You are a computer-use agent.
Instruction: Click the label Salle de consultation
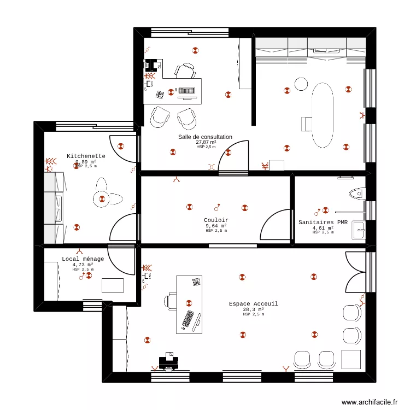click(x=205, y=137)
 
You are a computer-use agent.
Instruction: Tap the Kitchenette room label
click(x=86, y=156)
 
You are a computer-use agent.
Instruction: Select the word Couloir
click(x=216, y=220)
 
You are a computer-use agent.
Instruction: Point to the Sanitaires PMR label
click(x=323, y=222)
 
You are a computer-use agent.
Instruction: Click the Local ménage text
click(x=83, y=259)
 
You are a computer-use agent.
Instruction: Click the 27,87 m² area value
click(x=206, y=142)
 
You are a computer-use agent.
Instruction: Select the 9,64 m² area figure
click(x=216, y=226)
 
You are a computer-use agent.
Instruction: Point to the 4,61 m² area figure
click(x=323, y=228)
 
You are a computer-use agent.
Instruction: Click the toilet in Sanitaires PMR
click(x=356, y=193)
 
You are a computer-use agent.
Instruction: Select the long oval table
click(x=323, y=115)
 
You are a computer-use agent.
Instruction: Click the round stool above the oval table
click(x=301, y=84)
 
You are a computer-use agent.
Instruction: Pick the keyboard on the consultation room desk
click(x=187, y=91)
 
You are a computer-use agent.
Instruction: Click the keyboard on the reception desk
click(x=187, y=320)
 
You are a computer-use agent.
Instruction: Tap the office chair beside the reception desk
click(x=170, y=301)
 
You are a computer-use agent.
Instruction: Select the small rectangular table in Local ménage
click(x=113, y=285)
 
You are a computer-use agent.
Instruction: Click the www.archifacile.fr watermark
click(x=370, y=402)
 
